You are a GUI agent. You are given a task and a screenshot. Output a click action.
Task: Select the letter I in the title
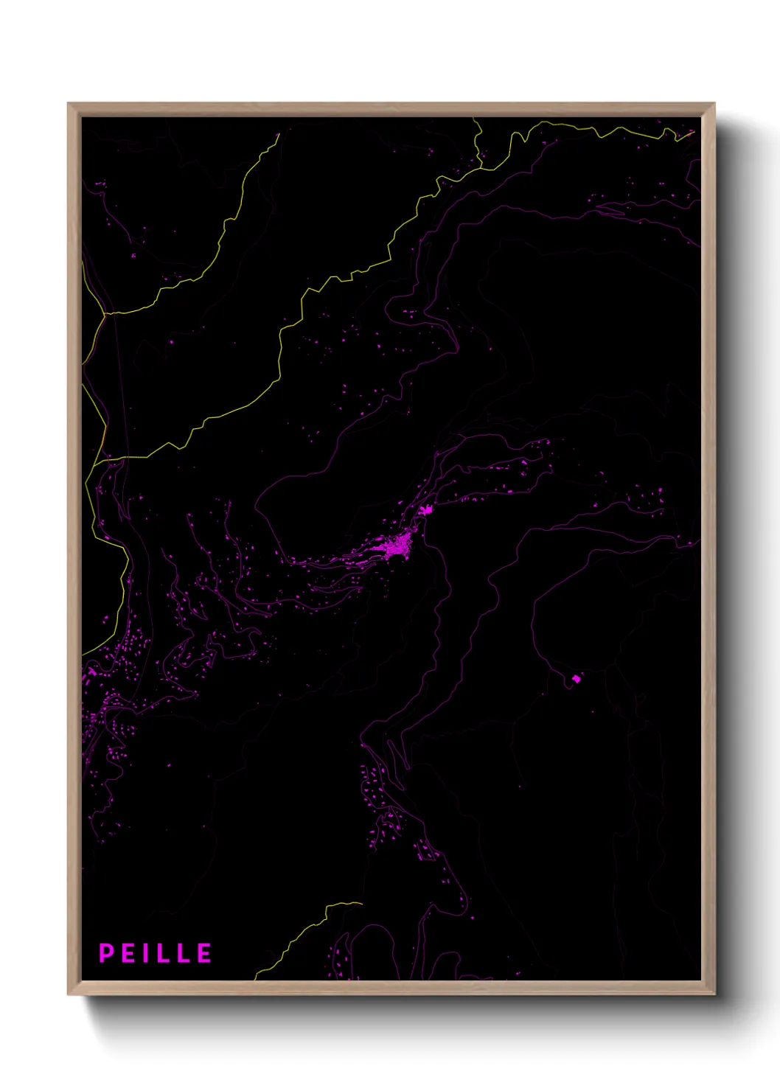pyautogui.click(x=147, y=953)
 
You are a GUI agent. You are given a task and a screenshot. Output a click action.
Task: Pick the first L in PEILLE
pyautogui.click(x=164, y=953)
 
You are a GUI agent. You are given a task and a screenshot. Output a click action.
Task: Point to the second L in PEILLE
pyautogui.click(x=184, y=953)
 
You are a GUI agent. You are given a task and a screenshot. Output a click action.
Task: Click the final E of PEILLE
pyautogui.click(x=205, y=953)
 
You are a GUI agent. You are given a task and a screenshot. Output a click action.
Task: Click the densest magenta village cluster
pyautogui.click(x=399, y=546)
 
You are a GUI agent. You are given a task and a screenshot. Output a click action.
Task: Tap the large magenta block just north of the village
pyautogui.click(x=424, y=509)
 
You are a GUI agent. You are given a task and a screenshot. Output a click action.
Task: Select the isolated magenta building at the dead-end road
pyautogui.click(x=577, y=678)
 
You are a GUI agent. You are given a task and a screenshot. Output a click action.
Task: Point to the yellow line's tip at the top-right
pyautogui.click(x=693, y=133)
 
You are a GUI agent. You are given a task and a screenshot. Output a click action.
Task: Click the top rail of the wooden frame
pyautogui.click(x=391, y=109)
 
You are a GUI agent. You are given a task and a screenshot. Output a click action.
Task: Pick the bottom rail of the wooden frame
pyautogui.click(x=391, y=989)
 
